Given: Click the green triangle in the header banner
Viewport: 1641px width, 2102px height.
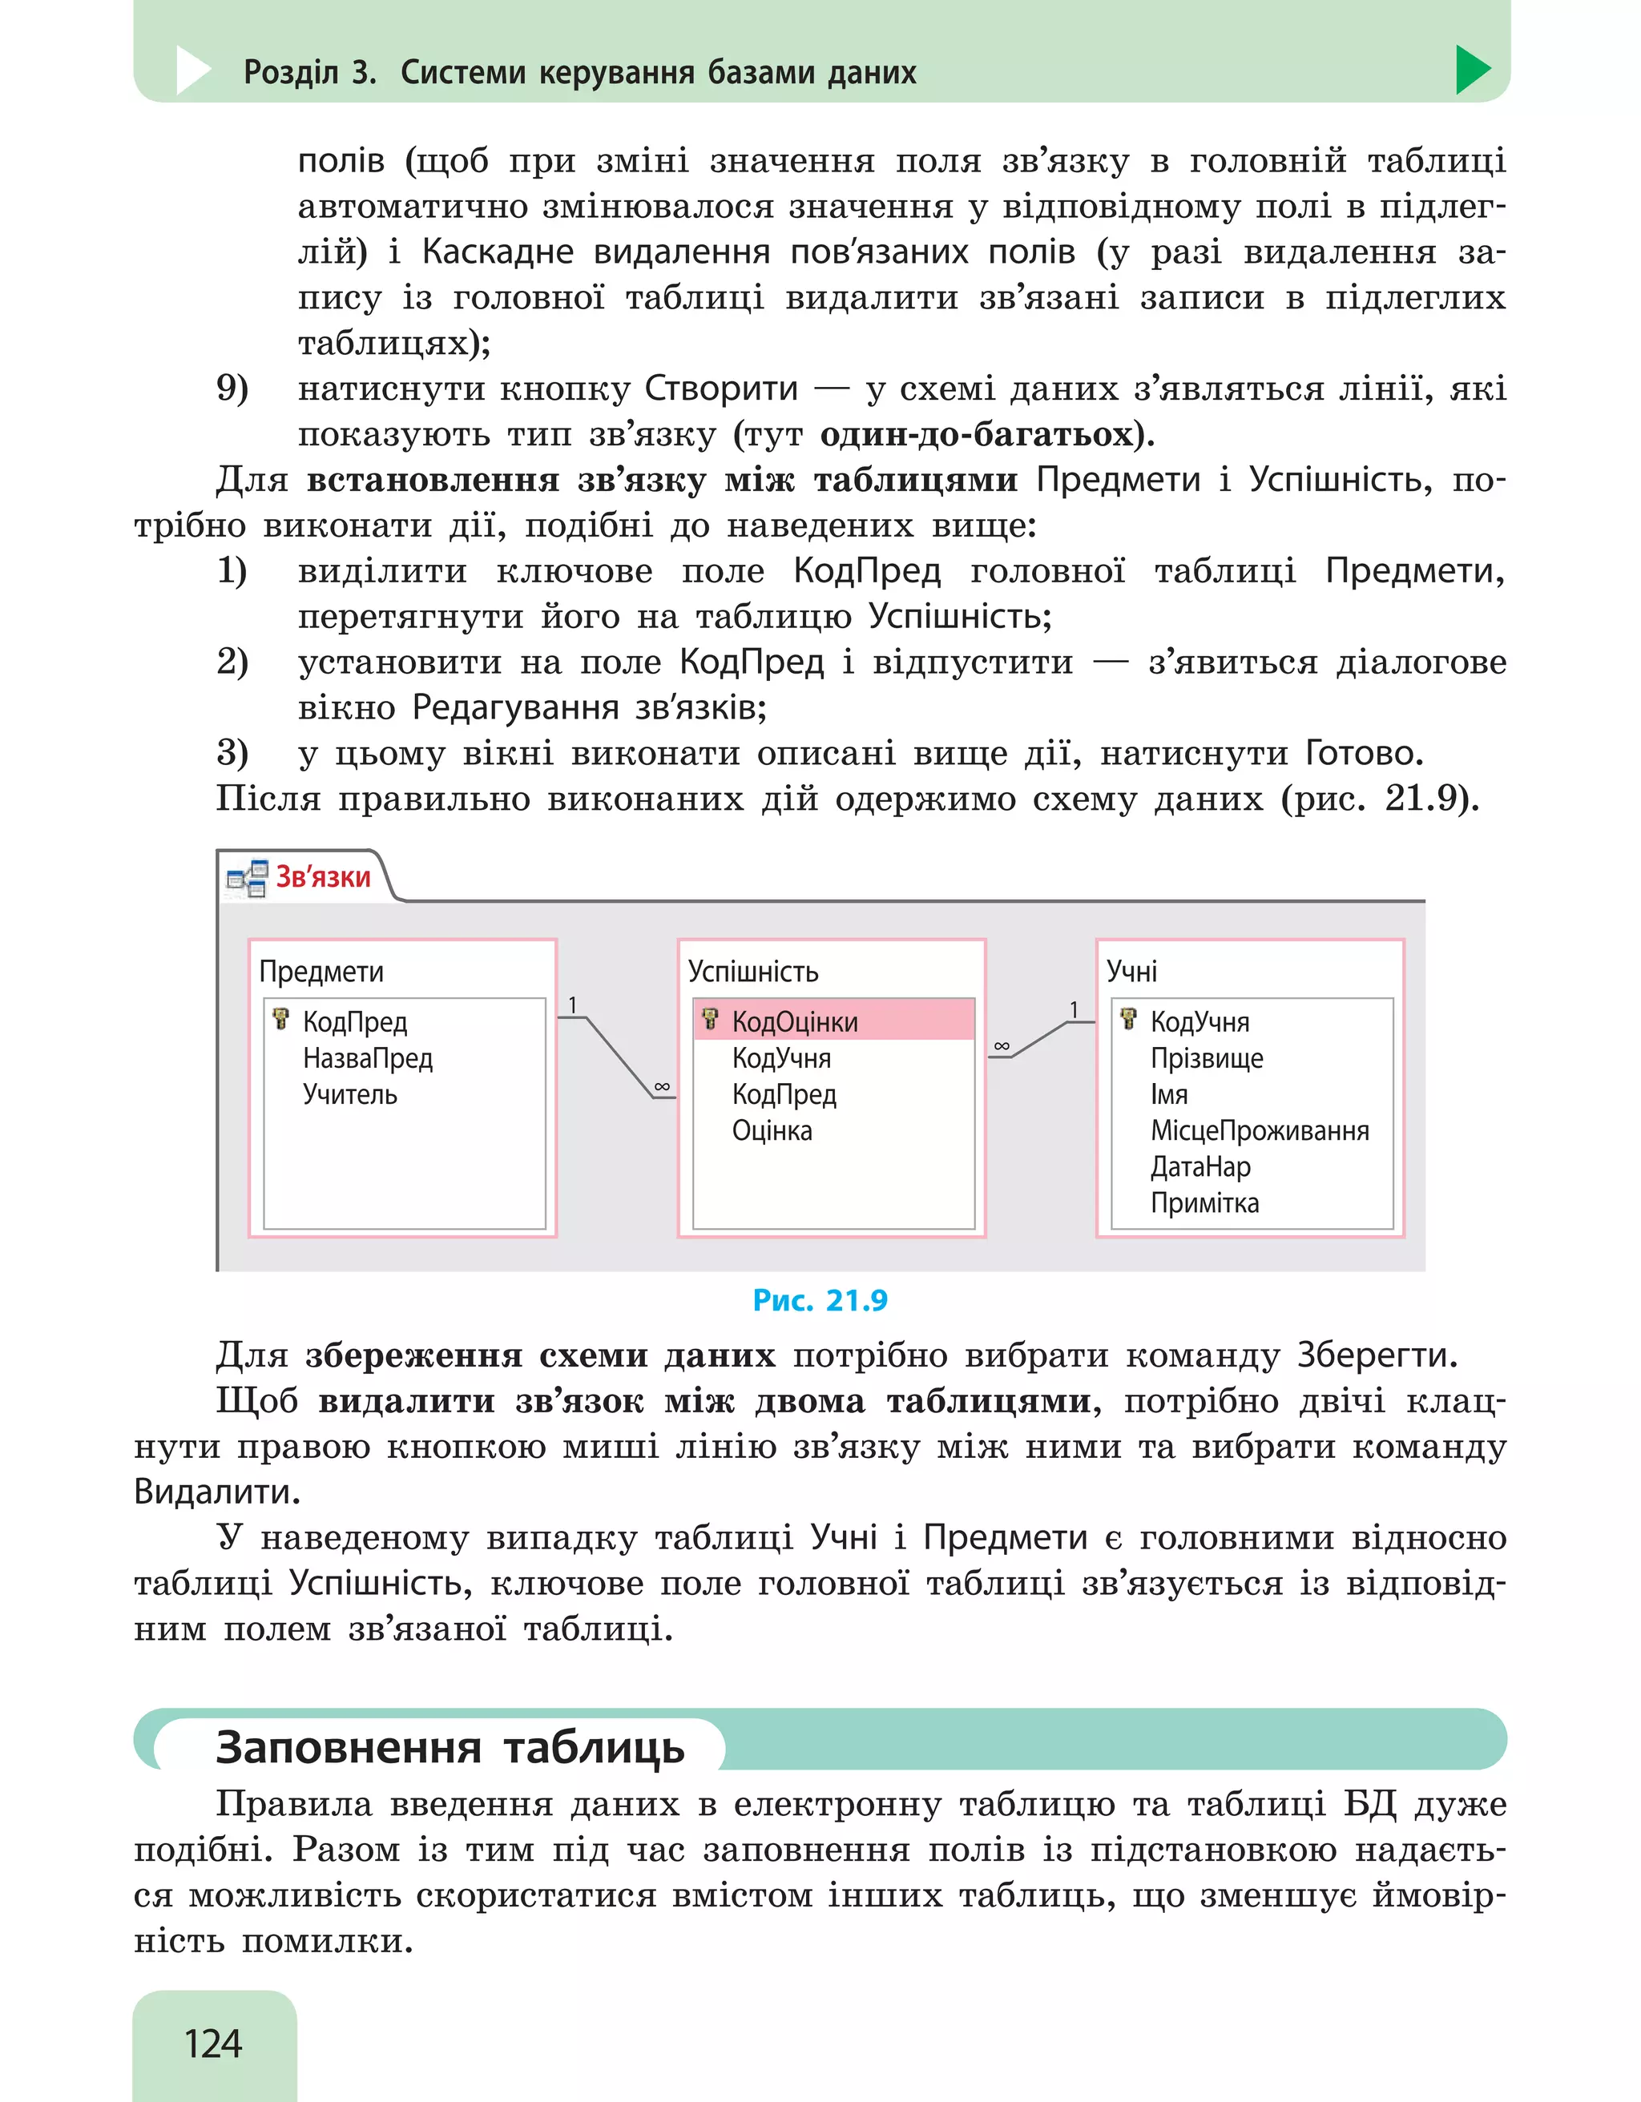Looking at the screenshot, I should click(x=1472, y=70).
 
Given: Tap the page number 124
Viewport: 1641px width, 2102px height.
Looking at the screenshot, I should click(x=212, y=2044).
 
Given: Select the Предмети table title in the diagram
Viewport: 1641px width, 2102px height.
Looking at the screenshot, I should click(x=321, y=971).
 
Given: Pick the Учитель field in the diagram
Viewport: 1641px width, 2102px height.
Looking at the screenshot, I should click(x=349, y=1094).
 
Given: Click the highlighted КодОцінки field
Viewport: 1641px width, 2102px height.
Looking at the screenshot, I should click(x=795, y=1021).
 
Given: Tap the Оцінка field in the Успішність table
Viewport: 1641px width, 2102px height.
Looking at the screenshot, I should click(x=772, y=1130).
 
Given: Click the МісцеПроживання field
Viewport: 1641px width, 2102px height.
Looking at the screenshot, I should click(x=1259, y=1130).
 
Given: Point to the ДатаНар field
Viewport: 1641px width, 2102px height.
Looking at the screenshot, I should click(x=1200, y=1166).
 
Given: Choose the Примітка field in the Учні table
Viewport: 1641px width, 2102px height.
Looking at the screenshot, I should click(x=1204, y=1203).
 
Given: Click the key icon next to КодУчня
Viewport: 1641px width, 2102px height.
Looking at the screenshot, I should click(x=1128, y=1019).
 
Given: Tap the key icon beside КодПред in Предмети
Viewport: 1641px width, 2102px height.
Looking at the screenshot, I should click(x=281, y=1019).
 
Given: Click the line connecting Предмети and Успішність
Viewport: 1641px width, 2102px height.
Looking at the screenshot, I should click(x=618, y=1056).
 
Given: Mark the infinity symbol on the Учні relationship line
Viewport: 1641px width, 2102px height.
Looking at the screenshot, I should click(x=1002, y=1046).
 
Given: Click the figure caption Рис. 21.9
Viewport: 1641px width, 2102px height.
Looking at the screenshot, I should click(x=820, y=1300).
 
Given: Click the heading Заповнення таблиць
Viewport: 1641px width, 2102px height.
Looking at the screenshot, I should click(x=450, y=1747).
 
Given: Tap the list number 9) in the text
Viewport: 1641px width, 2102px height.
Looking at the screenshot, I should click(x=232, y=388).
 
